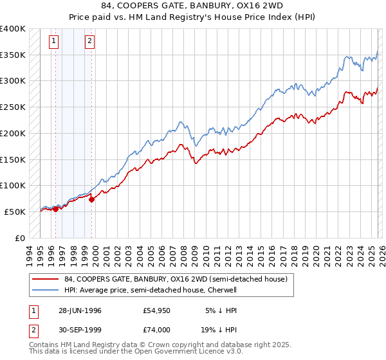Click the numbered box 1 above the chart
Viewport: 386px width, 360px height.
(53, 42)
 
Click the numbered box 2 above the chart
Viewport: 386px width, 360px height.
(89, 42)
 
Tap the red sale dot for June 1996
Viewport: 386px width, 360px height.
(55, 209)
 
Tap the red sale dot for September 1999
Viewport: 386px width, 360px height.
(92, 199)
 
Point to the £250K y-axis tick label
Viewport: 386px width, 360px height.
(13, 107)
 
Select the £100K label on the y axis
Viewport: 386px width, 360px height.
(13, 186)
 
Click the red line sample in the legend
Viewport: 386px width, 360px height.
(45, 279)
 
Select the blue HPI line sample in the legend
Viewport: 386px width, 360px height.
(45, 290)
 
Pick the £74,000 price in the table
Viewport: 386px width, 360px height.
(157, 330)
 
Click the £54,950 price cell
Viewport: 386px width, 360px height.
(157, 310)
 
